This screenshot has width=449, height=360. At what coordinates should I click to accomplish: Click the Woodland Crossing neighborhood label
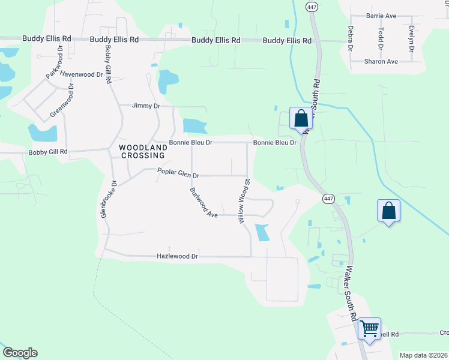tap(142, 151)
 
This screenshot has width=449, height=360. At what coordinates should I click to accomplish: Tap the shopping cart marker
tap(370, 329)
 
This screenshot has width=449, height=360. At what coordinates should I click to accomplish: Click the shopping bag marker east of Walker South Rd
tap(389, 211)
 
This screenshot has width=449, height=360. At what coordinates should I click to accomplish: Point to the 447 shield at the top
tap(311, 7)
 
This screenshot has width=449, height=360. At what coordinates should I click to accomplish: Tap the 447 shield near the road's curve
tap(328, 199)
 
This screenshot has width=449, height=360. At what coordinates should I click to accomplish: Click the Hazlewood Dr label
tap(177, 256)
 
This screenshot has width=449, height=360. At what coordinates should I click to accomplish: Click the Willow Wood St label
tap(246, 200)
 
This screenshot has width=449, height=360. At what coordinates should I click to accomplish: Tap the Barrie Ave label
tap(382, 16)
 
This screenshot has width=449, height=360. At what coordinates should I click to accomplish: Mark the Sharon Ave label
tap(381, 61)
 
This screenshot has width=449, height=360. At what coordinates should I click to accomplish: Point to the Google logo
tap(20, 353)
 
